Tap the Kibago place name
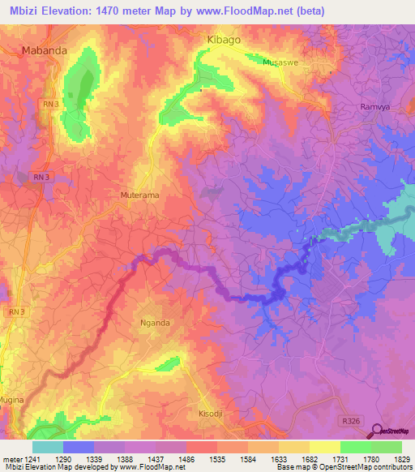point(225,39)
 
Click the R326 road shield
point(349,420)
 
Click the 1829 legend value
point(401,459)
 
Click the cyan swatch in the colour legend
point(48,447)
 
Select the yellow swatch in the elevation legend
point(325,447)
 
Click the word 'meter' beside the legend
point(9,459)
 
